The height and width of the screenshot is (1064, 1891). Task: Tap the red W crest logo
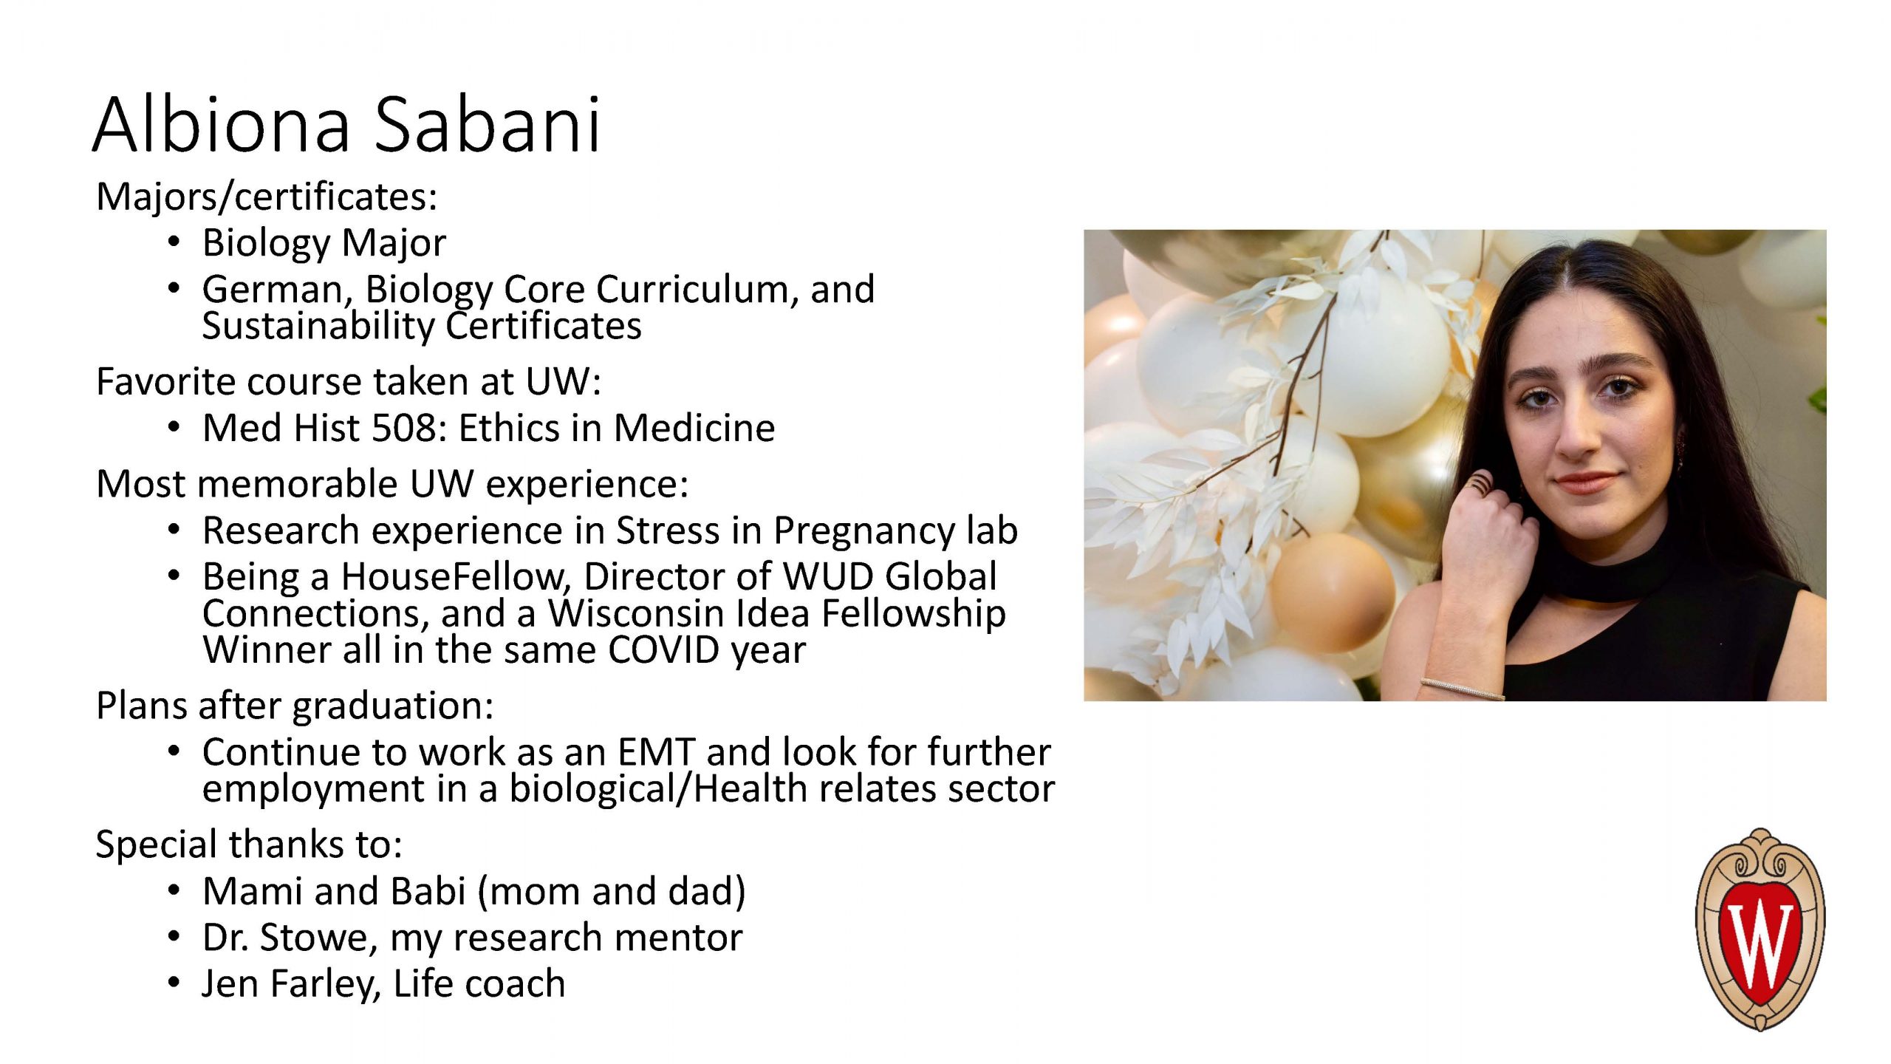[1760, 930]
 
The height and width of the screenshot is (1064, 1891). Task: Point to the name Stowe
[318, 938]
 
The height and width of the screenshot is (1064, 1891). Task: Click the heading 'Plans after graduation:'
[295, 706]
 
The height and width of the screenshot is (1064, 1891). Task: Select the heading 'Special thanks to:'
[249, 845]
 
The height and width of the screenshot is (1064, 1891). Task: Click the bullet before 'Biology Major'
[174, 242]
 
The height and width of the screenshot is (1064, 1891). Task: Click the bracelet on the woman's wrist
[1462, 689]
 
